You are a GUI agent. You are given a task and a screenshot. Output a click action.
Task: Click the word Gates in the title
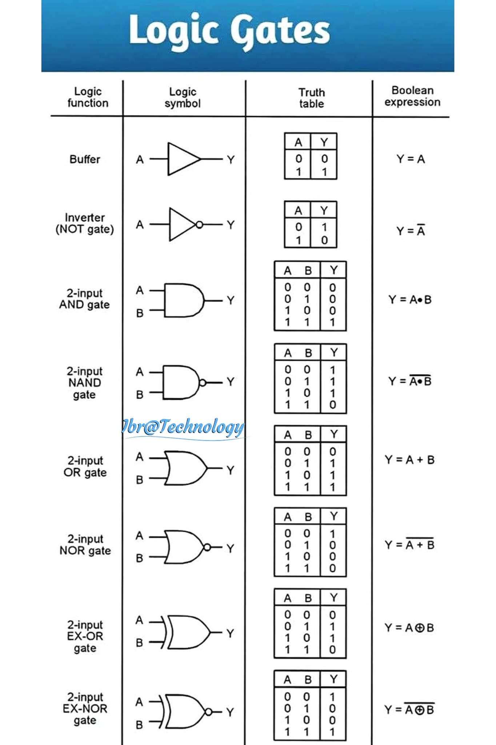[281, 31]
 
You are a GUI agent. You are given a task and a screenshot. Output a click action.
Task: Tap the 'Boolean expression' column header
[412, 96]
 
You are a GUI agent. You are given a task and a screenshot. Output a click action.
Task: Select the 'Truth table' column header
[312, 98]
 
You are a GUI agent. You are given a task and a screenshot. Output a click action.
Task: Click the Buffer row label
[85, 159]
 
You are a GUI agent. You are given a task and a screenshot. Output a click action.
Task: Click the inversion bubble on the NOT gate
[199, 225]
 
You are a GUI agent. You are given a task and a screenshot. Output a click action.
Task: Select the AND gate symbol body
[184, 300]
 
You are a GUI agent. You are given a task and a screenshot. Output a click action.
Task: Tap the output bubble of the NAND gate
[203, 383]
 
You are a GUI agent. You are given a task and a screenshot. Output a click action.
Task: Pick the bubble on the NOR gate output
[207, 547]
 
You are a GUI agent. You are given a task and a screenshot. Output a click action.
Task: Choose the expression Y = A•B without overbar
[410, 300]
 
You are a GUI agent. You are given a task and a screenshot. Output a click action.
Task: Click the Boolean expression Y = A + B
[410, 460]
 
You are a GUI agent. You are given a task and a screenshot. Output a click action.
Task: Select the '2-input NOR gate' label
[85, 545]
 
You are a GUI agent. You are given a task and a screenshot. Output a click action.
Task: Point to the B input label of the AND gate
[140, 313]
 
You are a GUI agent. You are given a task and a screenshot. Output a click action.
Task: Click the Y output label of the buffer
[231, 160]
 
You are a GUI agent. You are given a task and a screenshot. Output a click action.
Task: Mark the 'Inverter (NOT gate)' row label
[85, 223]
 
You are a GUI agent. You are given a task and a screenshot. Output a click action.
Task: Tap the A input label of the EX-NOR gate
[139, 702]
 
